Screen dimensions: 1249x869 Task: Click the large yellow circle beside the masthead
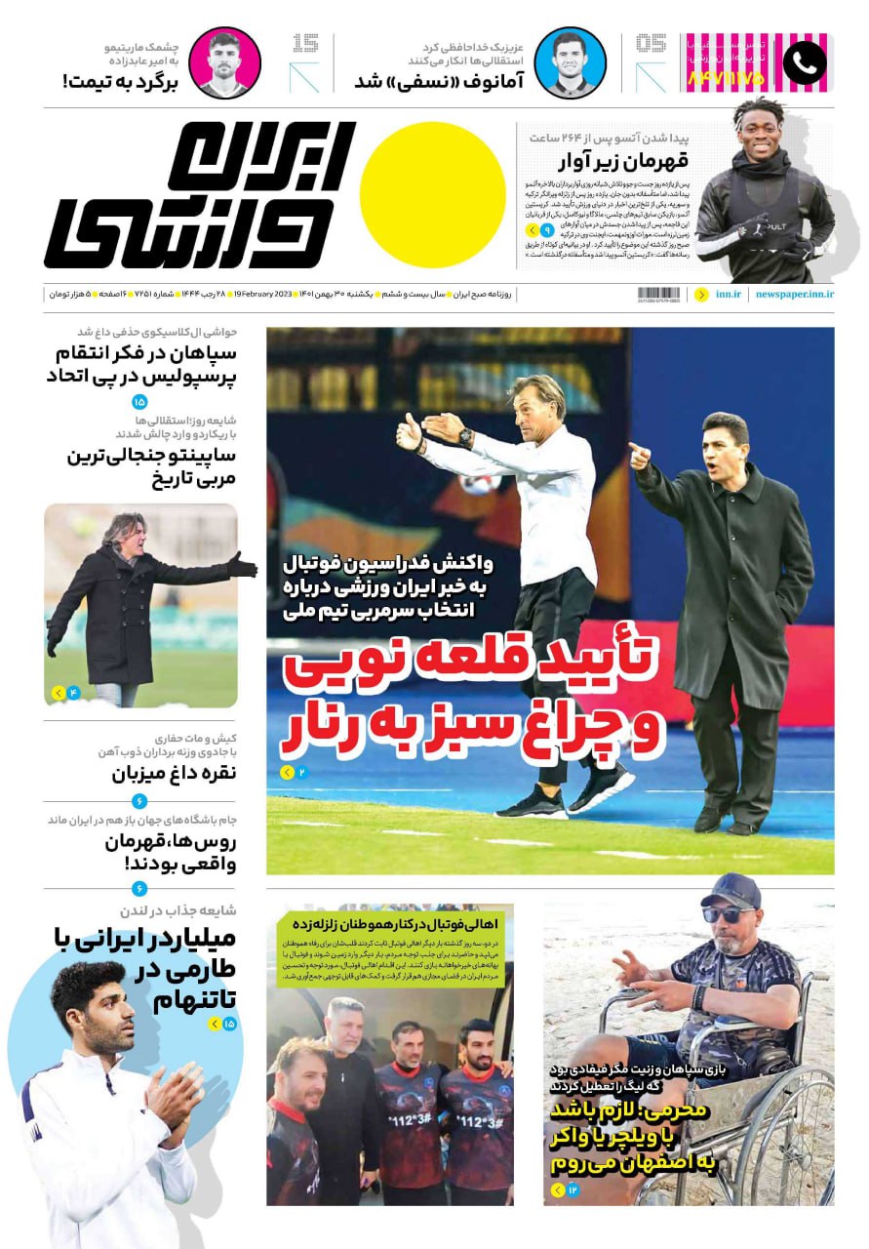432,194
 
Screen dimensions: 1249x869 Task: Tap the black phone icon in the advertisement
804,63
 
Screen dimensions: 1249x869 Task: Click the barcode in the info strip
659,294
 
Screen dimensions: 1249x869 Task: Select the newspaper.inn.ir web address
794,294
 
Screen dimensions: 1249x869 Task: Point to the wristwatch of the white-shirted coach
466,438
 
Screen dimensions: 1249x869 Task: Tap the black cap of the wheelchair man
731,890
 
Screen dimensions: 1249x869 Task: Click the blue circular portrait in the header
571,63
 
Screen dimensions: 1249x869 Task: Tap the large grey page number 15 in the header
304,45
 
